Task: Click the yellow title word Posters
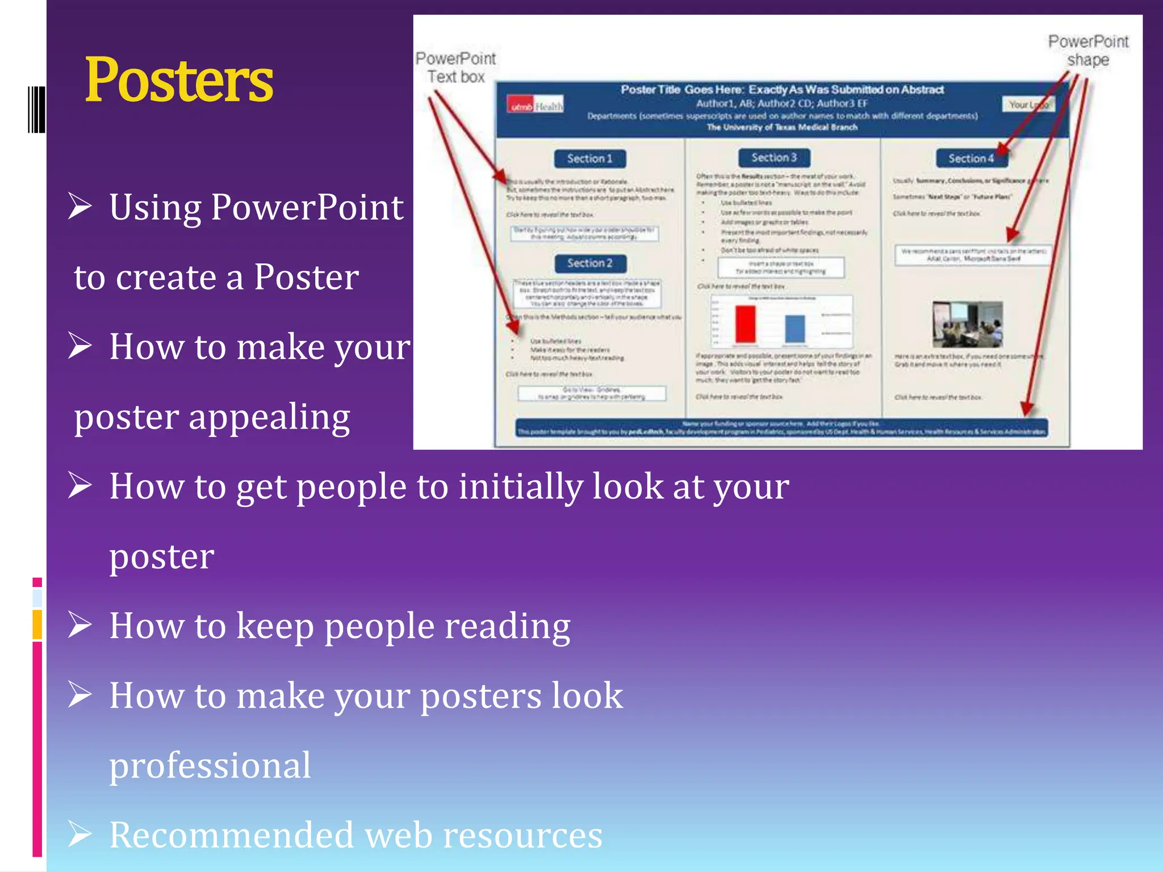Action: click(179, 81)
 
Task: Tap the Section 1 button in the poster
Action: click(589, 159)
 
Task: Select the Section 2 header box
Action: click(590, 263)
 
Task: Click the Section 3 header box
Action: click(774, 158)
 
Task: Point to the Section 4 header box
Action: click(970, 159)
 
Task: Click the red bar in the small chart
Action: click(745, 324)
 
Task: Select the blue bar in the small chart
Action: click(794, 329)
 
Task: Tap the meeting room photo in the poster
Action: click(967, 324)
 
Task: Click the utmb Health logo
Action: click(535, 106)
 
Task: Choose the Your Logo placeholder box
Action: click(1028, 105)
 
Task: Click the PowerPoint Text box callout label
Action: click(455, 68)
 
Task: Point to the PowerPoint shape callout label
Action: click(1087, 51)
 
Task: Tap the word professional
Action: click(210, 765)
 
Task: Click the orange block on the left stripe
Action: click(37, 624)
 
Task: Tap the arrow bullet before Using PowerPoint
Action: click(80, 206)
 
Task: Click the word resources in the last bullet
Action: click(522, 835)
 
